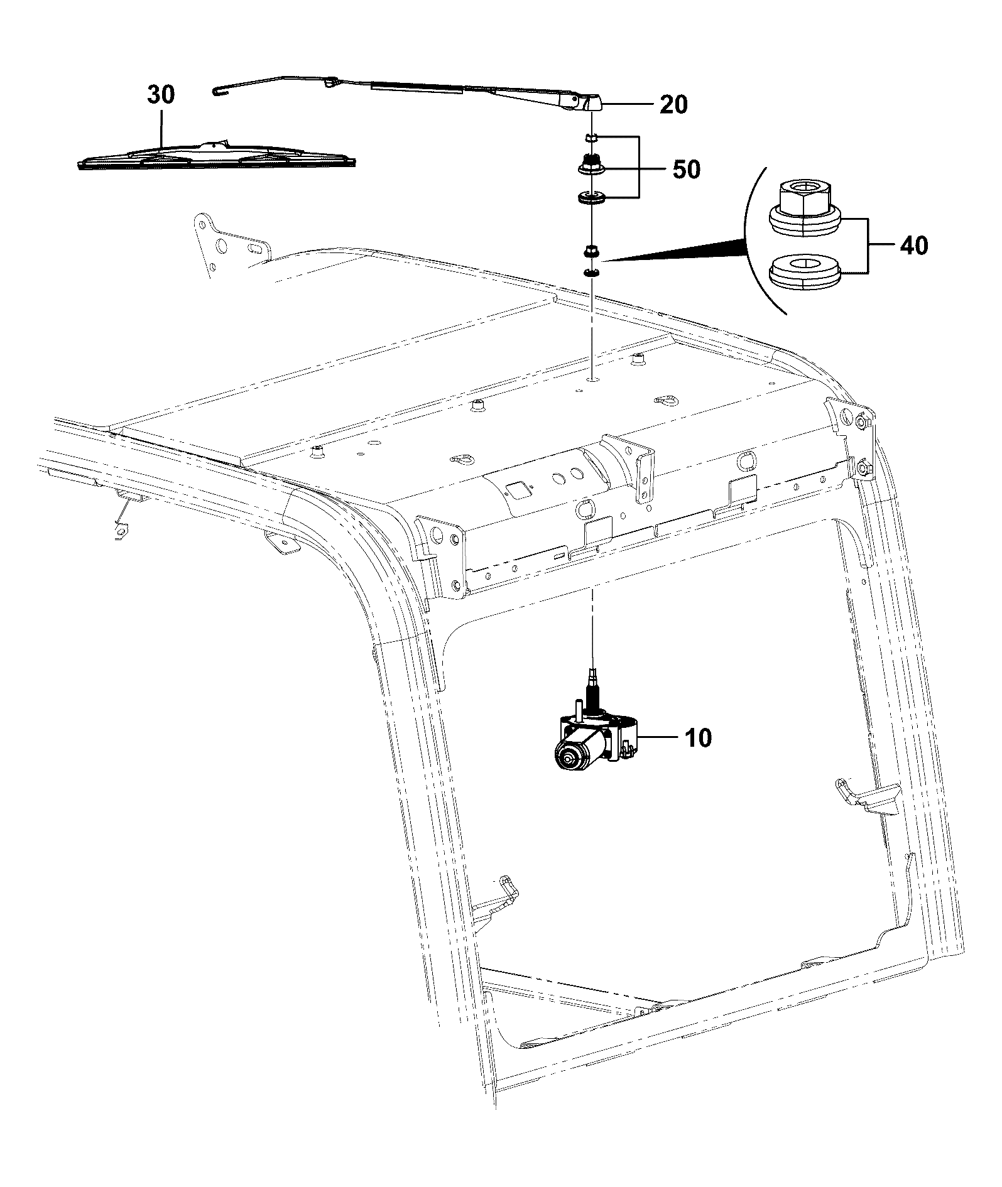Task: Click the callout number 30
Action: click(161, 95)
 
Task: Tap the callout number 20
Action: click(673, 104)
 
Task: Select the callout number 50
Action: click(686, 169)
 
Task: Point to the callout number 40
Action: click(913, 245)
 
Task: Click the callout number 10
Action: click(698, 737)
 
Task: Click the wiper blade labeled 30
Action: click(217, 154)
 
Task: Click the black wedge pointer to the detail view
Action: click(678, 249)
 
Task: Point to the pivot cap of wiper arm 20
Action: click(592, 102)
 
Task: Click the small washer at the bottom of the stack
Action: click(591, 273)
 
